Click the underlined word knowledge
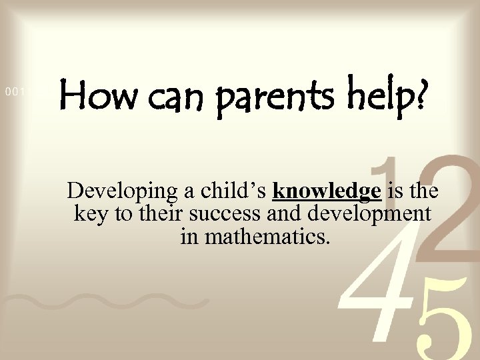327,192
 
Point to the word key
88,215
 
